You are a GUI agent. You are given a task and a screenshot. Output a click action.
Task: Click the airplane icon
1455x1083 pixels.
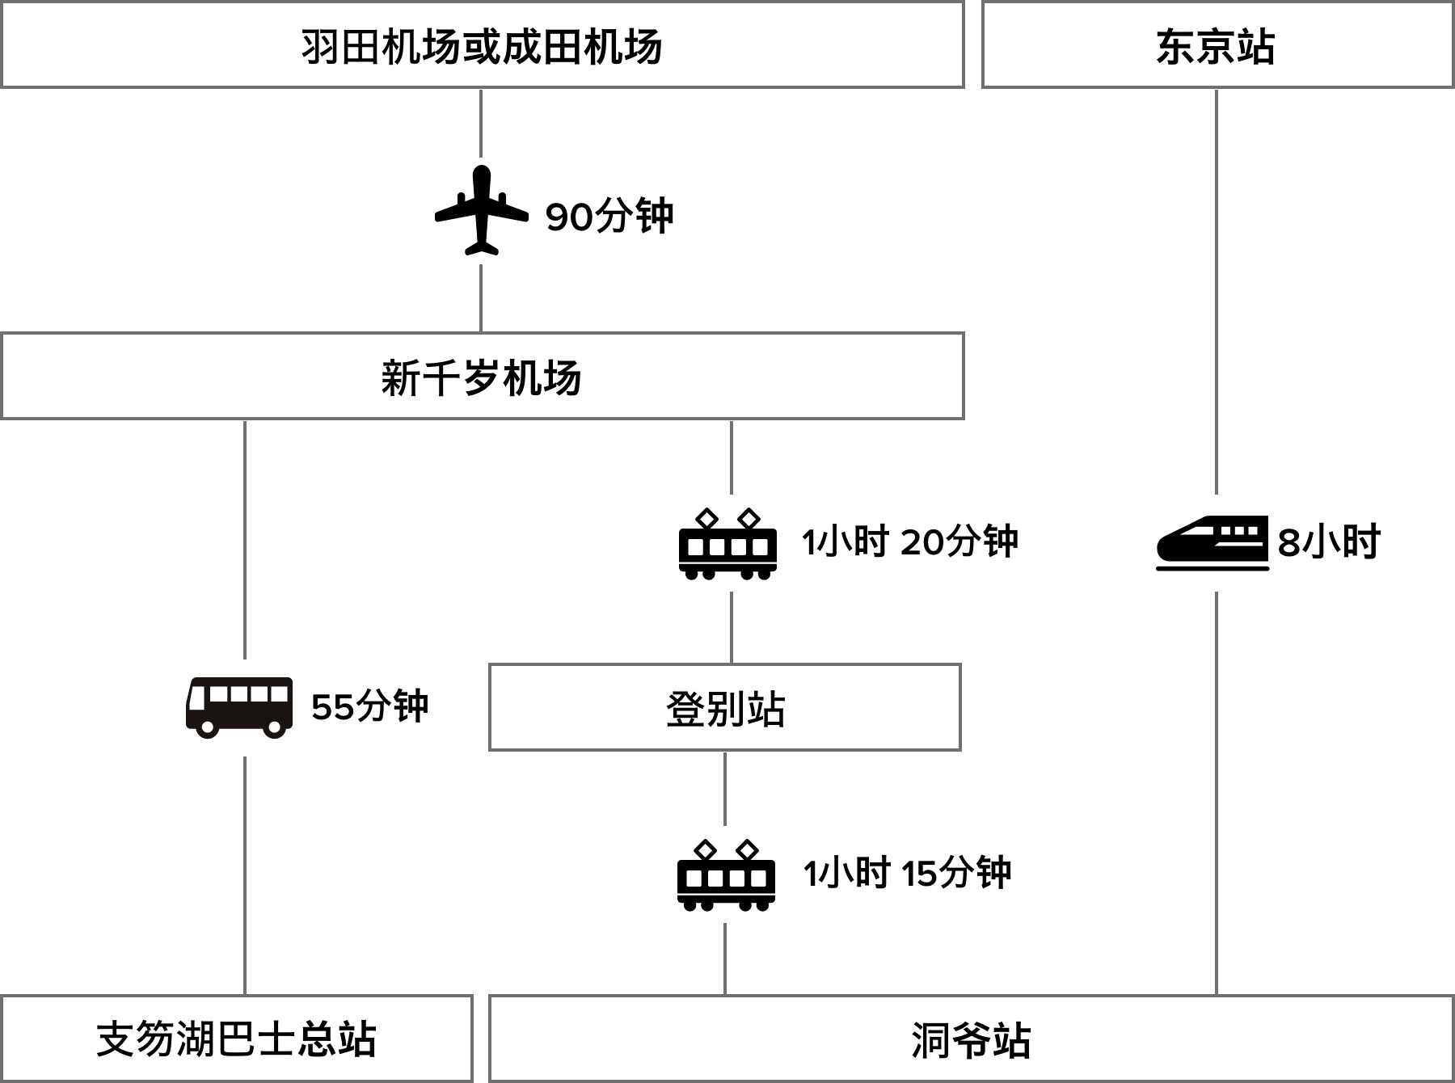point(482,211)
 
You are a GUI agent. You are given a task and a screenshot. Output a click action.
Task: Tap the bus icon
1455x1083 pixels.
point(239,707)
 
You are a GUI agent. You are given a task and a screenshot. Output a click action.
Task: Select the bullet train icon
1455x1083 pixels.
point(1212,542)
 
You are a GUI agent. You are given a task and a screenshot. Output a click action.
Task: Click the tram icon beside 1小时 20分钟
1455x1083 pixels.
point(727,542)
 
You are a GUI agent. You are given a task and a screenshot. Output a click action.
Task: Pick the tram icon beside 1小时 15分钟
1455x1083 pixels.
point(726,874)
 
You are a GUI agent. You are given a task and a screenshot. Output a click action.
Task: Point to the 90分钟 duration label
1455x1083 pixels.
point(609,217)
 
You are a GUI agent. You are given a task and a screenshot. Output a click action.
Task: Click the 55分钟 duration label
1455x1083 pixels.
point(369,707)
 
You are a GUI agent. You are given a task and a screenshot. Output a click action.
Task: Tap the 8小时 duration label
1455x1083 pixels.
point(1329,542)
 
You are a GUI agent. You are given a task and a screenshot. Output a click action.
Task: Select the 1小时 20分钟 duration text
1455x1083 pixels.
point(909,541)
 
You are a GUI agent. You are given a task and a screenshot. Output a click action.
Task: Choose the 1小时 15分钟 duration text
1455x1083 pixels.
point(907,874)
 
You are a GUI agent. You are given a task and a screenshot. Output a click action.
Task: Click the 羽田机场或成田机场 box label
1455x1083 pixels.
point(482,46)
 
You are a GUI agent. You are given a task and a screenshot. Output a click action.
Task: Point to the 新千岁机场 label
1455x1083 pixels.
point(481,377)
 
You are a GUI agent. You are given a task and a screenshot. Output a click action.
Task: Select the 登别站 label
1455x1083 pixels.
point(725,709)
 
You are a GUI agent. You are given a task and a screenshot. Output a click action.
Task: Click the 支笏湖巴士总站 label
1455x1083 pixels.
point(236,1039)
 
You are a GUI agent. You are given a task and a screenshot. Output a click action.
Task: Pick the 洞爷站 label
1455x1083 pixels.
point(971,1040)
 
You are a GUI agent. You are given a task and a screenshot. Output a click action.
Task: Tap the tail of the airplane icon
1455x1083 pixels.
point(482,246)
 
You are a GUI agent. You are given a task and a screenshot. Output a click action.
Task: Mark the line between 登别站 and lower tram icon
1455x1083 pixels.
point(725,788)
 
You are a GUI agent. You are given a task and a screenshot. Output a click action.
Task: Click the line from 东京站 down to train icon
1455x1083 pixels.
point(1217,291)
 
